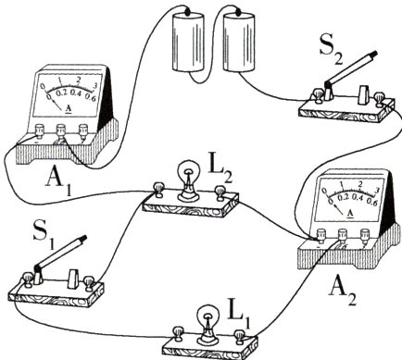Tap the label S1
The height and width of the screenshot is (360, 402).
pyautogui.click(x=44, y=239)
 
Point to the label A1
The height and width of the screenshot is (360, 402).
pyautogui.click(x=58, y=183)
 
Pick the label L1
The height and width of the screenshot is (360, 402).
pyautogui.click(x=239, y=317)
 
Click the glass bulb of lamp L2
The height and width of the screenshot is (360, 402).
pyautogui.click(x=188, y=172)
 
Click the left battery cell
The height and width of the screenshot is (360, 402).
pyautogui.click(x=188, y=43)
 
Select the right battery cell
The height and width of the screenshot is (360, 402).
pyautogui.click(x=239, y=43)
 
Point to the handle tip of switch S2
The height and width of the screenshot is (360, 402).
pyautogui.click(x=374, y=54)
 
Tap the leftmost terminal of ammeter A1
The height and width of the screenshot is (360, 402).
pyautogui.click(x=39, y=130)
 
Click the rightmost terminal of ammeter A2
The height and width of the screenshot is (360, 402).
pyautogui.click(x=366, y=236)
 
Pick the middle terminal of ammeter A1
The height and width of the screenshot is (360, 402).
pyautogui.click(x=61, y=130)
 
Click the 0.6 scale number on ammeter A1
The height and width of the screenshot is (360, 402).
pyautogui.click(x=90, y=97)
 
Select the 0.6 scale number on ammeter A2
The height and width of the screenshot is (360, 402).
pyautogui.click(x=371, y=203)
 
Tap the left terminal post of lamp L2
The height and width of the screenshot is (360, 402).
pyautogui.click(x=159, y=190)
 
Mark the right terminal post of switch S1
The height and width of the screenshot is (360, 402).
pyautogui.click(x=89, y=282)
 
